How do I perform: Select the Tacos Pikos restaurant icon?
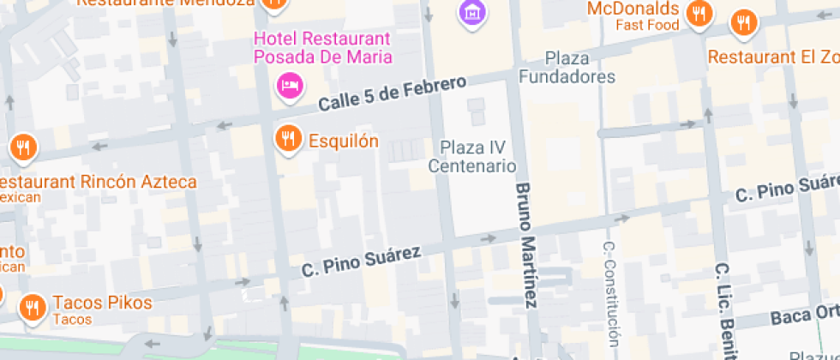point(33,306)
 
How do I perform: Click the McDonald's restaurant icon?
point(700,13)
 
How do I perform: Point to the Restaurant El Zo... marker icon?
point(743,23)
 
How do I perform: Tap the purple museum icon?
point(470,12)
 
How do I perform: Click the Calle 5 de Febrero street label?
point(393,93)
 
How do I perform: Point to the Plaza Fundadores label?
point(567,68)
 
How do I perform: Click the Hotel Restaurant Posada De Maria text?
point(322,48)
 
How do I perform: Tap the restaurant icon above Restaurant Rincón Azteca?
point(23,147)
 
